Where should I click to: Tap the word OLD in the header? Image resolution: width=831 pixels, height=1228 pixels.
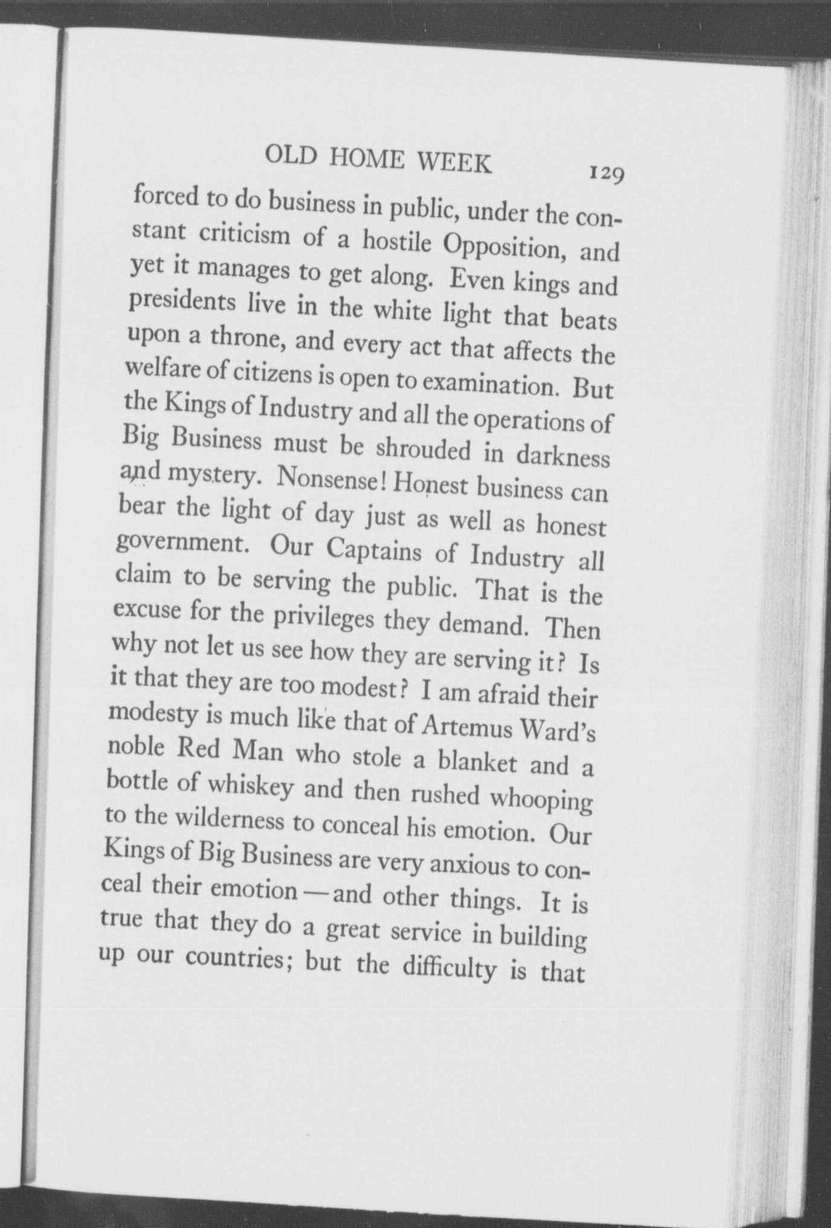292,157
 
